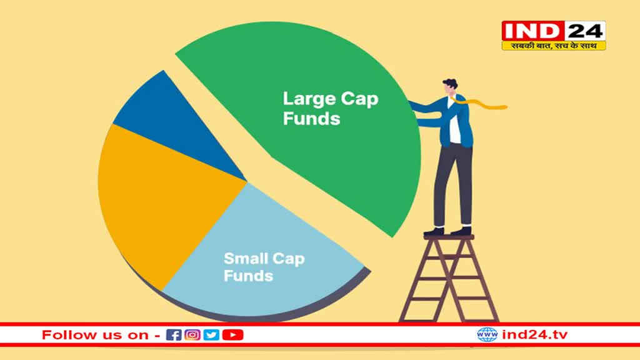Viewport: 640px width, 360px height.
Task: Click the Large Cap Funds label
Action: (x=331, y=109)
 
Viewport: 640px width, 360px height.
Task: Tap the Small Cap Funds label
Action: (x=264, y=267)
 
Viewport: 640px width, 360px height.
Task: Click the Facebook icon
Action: (x=174, y=335)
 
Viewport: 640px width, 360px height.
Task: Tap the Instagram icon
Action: (x=192, y=335)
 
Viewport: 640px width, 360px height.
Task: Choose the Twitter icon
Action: (x=211, y=335)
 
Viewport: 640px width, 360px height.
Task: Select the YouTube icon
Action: (x=232, y=335)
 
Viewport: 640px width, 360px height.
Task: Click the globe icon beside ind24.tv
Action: (x=487, y=335)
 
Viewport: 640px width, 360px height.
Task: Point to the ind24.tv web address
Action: (x=535, y=335)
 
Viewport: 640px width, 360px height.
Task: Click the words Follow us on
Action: (x=95, y=335)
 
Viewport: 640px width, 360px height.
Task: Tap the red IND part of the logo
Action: (x=532, y=31)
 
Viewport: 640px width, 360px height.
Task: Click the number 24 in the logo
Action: (x=585, y=31)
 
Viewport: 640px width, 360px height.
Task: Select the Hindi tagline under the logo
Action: (x=554, y=46)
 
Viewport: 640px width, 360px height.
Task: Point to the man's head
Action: (x=450, y=87)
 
